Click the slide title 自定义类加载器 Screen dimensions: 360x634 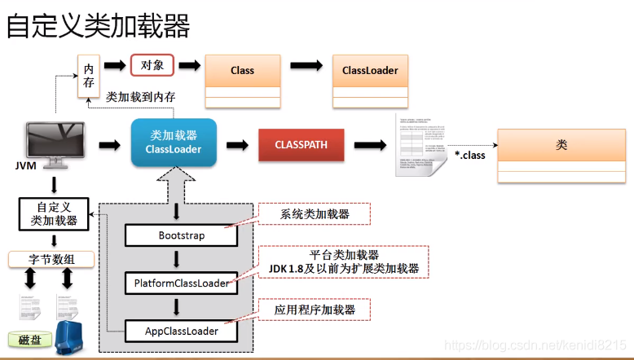tap(99, 26)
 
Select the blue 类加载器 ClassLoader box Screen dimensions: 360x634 tap(173, 143)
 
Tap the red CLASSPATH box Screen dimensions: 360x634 tap(301, 144)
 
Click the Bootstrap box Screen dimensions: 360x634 tap(182, 235)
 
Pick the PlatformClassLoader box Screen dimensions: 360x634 tap(182, 283)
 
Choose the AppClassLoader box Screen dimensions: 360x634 tap(182, 331)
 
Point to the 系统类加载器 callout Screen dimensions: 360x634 tap(315, 214)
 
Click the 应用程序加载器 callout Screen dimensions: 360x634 tap(315, 310)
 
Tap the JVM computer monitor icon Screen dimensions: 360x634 tap(55, 141)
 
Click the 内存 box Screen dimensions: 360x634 tap(88, 75)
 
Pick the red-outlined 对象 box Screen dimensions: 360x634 tap(152, 65)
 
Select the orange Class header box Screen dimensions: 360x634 tap(242, 70)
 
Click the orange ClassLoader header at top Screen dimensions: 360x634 tap(370, 70)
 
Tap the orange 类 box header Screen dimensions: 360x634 tap(561, 145)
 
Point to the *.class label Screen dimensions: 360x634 tap(469, 154)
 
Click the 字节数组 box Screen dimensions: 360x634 tap(51, 260)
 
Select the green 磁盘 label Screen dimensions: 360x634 tap(29, 340)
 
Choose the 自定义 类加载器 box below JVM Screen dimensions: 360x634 tap(54, 213)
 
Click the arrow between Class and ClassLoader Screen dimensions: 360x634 tap(306, 66)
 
